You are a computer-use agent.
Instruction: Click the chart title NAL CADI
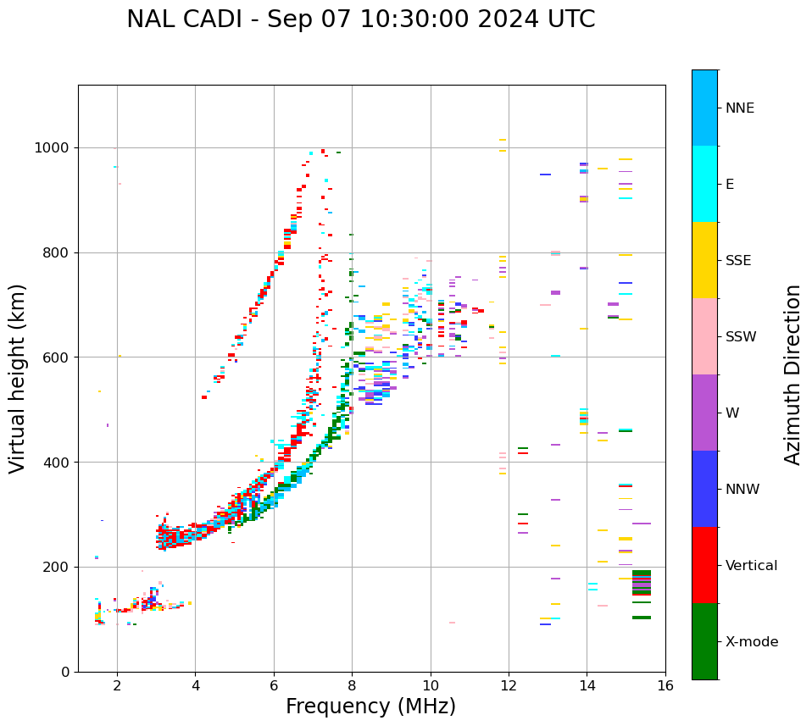point(360,19)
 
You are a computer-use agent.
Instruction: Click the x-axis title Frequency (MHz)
point(370,707)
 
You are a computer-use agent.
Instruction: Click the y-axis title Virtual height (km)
point(18,378)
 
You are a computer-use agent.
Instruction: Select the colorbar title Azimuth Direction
point(793,374)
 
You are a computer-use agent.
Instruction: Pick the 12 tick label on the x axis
point(509,686)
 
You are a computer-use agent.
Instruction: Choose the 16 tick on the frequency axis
point(665,686)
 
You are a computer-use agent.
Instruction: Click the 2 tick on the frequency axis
point(117,686)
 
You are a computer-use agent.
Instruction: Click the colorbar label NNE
point(739,108)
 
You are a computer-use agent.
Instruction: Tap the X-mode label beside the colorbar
point(751,642)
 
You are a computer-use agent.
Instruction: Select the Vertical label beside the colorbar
point(751,566)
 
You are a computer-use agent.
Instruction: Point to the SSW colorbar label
point(741,337)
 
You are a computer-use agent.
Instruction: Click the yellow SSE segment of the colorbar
point(704,260)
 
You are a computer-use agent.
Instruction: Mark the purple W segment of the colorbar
point(704,413)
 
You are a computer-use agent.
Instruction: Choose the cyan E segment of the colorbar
point(704,184)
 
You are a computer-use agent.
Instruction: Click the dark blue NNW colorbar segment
point(704,489)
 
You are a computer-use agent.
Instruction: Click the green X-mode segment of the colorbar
point(704,641)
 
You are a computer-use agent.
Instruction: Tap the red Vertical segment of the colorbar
point(704,565)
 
